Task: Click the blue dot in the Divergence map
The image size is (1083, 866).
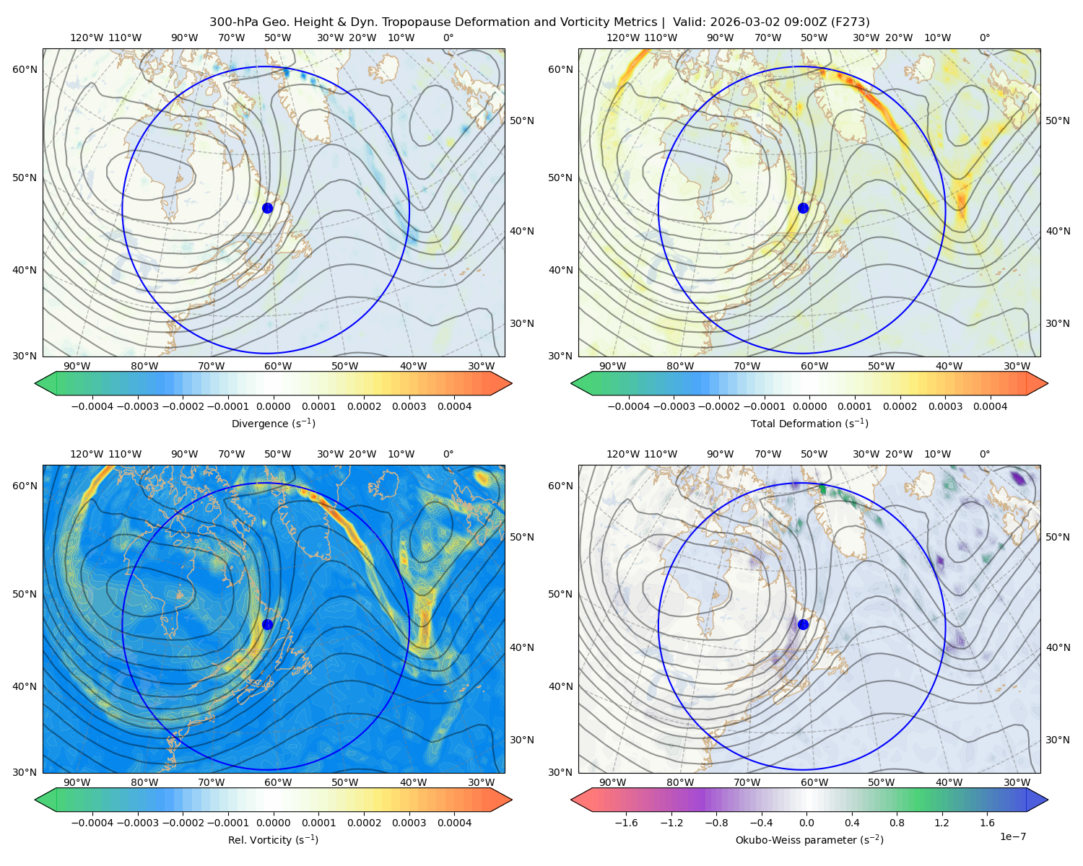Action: coord(267,208)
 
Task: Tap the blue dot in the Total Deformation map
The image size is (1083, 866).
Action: coord(803,208)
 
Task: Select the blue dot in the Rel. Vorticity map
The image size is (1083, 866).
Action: coord(267,624)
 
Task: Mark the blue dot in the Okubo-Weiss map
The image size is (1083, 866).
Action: coord(803,624)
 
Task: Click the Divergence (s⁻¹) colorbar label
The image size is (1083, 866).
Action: coord(273,423)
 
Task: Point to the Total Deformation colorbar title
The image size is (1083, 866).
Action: coord(809,423)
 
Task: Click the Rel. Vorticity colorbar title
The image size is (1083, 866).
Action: coord(273,839)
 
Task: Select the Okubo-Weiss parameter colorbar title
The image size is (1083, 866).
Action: coord(809,839)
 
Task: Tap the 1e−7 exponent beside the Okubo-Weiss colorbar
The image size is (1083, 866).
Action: coord(1012,836)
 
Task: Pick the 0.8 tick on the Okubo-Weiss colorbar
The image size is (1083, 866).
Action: coord(897,823)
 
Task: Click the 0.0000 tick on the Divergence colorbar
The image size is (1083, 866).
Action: coord(273,406)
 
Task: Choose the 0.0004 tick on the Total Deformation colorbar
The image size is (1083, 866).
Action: coord(990,406)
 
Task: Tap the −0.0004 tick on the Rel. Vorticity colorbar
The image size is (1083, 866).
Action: coord(92,823)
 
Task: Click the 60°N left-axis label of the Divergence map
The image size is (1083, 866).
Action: coord(25,69)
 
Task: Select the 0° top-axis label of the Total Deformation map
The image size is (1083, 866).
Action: coord(984,38)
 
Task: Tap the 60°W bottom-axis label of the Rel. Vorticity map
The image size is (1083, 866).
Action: coord(278,782)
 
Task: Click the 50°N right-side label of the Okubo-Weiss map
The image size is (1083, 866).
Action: coord(1057,537)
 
